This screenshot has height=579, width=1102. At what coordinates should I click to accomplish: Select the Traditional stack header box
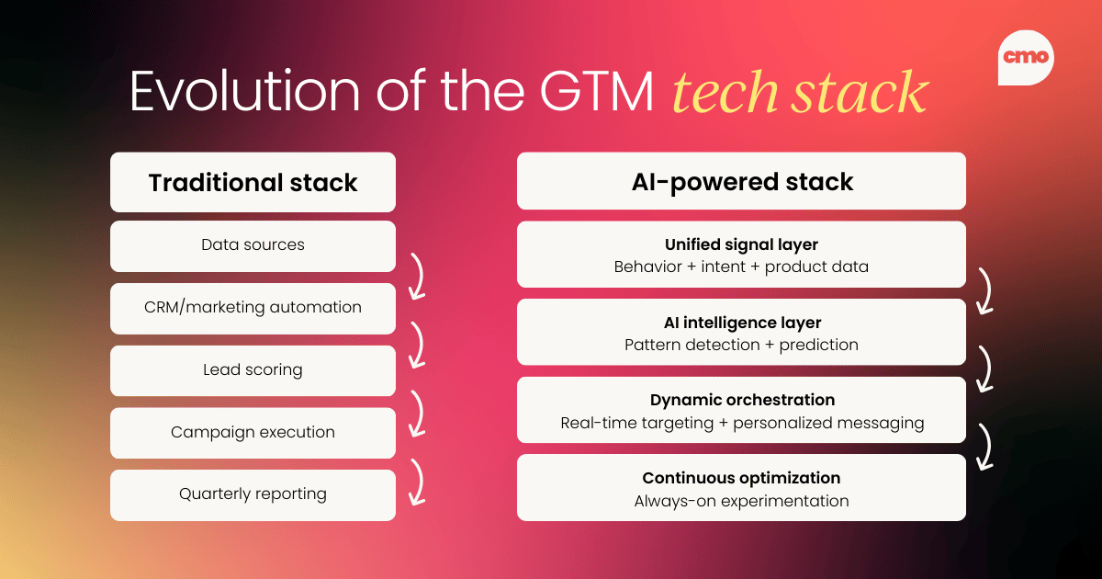(253, 182)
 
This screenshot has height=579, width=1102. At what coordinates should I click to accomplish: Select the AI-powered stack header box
(741, 181)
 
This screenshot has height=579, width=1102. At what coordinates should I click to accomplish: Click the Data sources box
(253, 245)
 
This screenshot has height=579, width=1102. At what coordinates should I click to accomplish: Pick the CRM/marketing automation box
(253, 308)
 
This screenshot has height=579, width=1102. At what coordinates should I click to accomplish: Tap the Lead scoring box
(253, 370)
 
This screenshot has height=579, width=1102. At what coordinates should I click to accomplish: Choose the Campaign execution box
(253, 432)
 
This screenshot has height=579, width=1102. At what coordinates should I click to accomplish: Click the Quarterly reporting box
(253, 494)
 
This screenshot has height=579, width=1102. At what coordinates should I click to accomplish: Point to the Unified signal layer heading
(741, 244)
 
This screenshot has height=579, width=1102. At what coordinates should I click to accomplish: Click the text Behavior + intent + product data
(741, 267)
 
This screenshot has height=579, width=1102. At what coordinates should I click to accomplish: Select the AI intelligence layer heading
(741, 323)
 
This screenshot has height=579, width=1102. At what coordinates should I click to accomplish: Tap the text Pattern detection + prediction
(741, 346)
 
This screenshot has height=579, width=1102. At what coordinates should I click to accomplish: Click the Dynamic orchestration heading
(741, 400)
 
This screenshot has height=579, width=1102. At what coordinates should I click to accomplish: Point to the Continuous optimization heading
(741, 478)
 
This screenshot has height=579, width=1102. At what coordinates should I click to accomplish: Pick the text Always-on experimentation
(741, 501)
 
